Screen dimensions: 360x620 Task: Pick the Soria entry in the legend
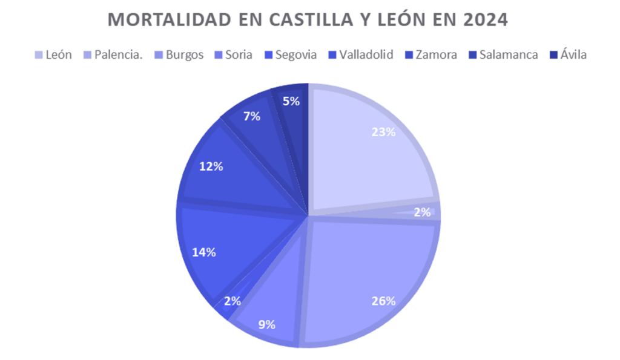coord(239,54)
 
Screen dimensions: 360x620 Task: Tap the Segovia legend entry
coord(295,54)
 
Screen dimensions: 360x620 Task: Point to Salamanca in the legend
coord(508,54)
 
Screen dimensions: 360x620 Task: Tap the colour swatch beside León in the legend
coord(39,55)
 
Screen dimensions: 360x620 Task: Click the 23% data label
coord(383,132)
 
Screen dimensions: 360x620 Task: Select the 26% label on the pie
coord(383,301)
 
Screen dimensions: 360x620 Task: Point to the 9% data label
coord(266,324)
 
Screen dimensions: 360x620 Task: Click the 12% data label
coord(211,166)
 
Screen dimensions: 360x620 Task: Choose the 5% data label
coord(291,102)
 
